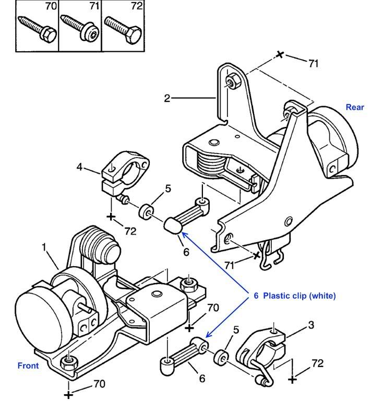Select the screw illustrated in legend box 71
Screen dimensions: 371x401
pyautogui.click(x=80, y=28)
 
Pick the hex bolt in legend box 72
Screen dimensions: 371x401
pyautogui.click(x=123, y=29)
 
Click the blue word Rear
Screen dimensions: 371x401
pyautogui.click(x=355, y=107)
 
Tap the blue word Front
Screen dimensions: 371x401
pyautogui.click(x=28, y=365)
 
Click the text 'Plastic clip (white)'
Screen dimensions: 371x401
pyautogui.click(x=299, y=296)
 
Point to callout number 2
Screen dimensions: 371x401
pyautogui.click(x=167, y=98)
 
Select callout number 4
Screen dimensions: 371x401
pyautogui.click(x=80, y=167)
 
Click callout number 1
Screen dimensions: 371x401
pyautogui.click(x=44, y=247)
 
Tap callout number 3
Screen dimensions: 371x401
pyautogui.click(x=311, y=325)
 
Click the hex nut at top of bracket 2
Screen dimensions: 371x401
pyautogui.click(x=232, y=80)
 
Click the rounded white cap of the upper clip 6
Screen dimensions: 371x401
pyautogui.click(x=173, y=226)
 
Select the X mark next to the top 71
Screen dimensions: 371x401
pyautogui.click(x=280, y=54)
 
